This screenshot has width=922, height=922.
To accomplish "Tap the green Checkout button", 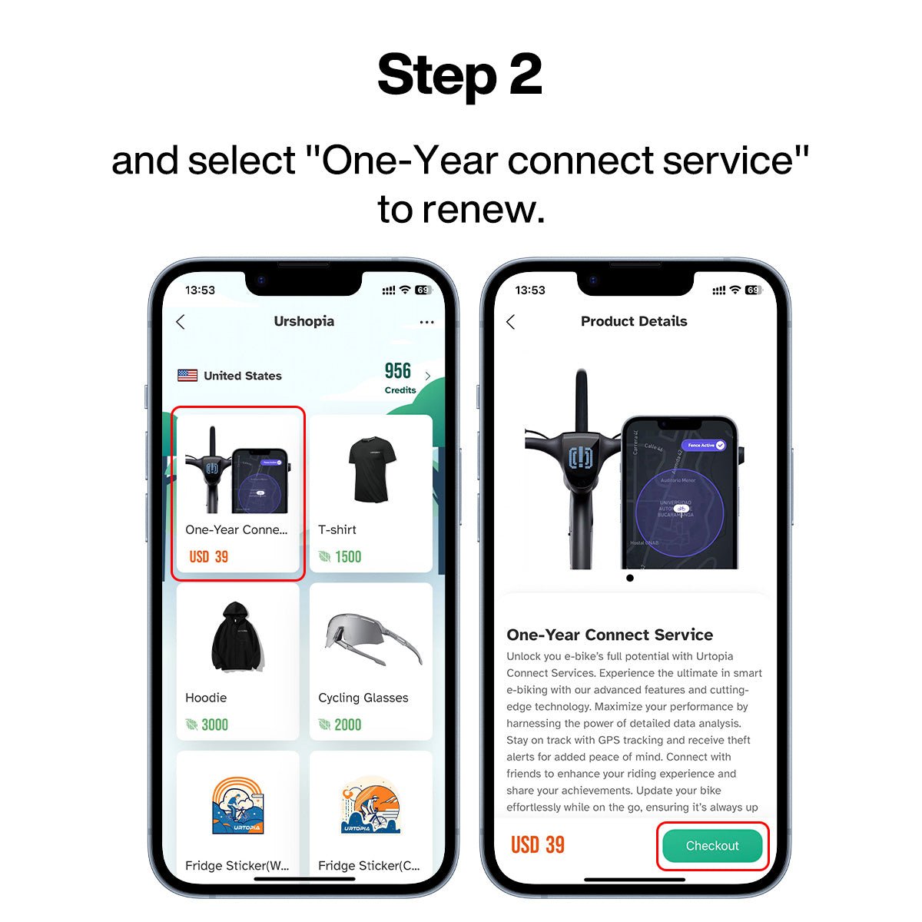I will pos(711,846).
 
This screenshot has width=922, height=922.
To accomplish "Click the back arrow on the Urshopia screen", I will pos(181,322).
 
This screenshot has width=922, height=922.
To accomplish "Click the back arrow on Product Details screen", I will pos(511,322).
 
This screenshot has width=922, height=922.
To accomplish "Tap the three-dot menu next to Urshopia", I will pos(427,323).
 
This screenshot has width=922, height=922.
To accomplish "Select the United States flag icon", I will pos(187,376).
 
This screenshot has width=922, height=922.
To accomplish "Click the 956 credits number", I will pos(398,371).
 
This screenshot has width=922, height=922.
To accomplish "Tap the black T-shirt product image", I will pos(371,469).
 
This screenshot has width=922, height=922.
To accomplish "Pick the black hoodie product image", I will pos(237,637).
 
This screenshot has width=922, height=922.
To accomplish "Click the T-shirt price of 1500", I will pos(347,557).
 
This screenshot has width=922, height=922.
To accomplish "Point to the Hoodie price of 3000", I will pos(214,725).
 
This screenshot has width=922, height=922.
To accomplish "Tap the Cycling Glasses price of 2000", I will pos(347,725).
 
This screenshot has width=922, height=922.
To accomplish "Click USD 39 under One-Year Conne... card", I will pos(209,557).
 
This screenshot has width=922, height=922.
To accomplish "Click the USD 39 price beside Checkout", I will pos(538,845).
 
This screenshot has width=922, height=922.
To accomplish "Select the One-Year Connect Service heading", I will pos(609,635).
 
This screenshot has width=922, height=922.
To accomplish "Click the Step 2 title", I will pos(459,75).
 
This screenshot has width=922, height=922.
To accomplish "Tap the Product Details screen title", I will pos(634,321).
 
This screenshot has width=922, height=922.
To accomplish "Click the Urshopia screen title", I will pos(304,321).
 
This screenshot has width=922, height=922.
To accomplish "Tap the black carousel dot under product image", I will pos(630,578).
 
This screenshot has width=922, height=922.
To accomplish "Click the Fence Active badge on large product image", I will pos(704,445).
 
